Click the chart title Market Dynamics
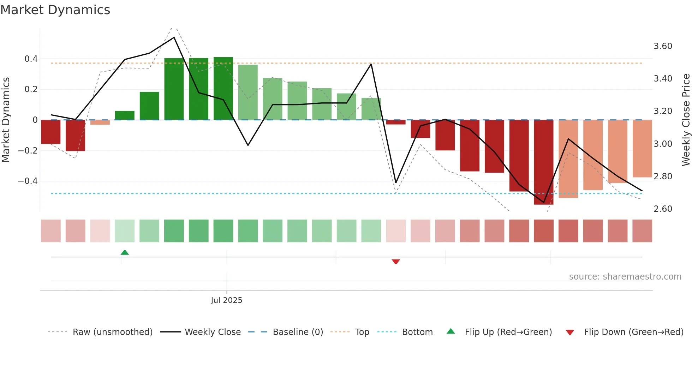coord(55,10)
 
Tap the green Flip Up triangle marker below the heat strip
coord(125,252)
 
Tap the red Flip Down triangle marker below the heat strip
coord(396,262)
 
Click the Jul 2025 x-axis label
coord(226,300)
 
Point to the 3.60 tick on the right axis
coord(663,46)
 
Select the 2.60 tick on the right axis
coord(663,209)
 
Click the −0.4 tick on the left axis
coord(28,181)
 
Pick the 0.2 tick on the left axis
coord(31,89)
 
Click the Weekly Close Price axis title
coord(686,120)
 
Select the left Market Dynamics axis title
coord(6,120)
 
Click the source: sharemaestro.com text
coord(625,277)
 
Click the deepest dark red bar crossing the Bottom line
coord(543,162)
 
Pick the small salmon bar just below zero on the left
coord(100,122)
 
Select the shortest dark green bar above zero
coord(125,115)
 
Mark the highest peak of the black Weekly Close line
coord(174,37)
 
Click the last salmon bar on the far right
coord(642,148)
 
